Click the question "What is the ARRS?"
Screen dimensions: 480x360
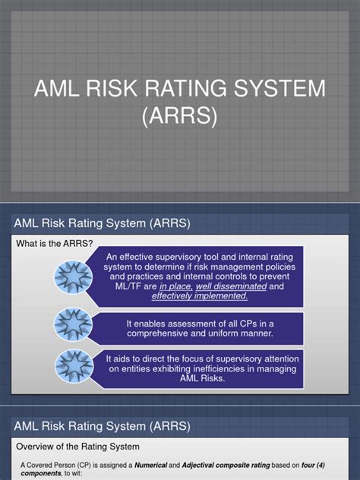coord(55,243)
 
